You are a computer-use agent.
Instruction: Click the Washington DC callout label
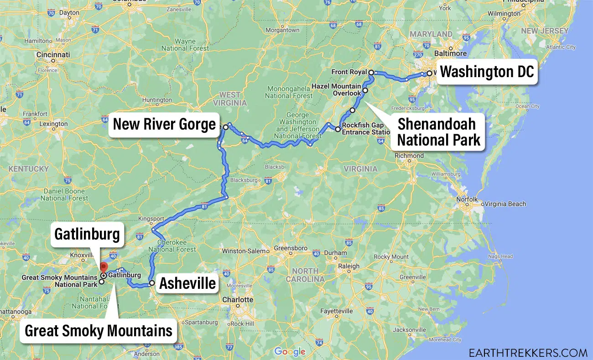coord(487,72)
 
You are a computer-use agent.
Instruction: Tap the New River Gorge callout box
coord(164,124)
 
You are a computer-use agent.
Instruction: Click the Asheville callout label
coord(187,283)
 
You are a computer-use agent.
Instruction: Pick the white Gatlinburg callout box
coord(87,235)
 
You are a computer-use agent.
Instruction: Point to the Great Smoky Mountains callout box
coord(99,330)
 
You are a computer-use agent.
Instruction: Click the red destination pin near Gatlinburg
coord(104,268)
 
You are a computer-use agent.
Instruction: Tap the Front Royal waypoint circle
coord(371,73)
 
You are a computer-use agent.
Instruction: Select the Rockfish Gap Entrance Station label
coord(364,129)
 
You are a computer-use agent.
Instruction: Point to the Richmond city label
coord(409,156)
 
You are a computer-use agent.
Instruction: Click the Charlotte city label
coord(238,300)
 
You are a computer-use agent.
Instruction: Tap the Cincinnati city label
coord(54,55)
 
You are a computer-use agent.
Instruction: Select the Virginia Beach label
coord(505,204)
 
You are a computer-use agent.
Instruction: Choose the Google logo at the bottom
coord(290,351)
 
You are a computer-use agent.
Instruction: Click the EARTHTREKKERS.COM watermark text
coord(528,352)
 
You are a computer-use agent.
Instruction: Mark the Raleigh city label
coord(349,266)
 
